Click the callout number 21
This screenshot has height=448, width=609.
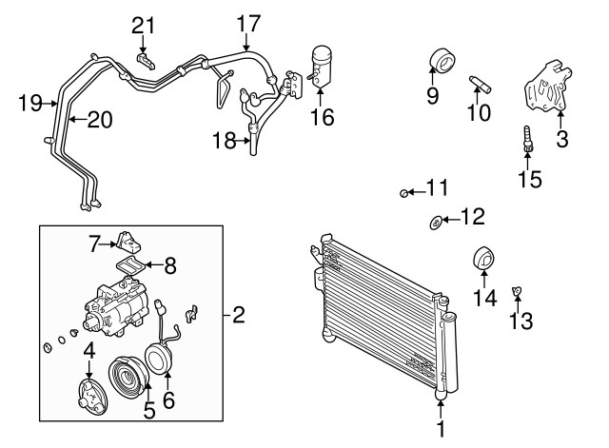(x=143, y=26)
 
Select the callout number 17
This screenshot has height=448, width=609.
(x=247, y=23)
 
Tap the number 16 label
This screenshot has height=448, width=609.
(x=322, y=117)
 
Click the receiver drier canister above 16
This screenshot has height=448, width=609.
(x=321, y=67)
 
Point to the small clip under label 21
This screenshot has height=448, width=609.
(x=146, y=61)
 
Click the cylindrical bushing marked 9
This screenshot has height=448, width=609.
(x=442, y=60)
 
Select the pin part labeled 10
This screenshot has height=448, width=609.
(x=480, y=84)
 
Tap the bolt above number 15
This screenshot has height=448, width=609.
(x=527, y=139)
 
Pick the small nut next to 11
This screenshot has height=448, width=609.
(x=403, y=192)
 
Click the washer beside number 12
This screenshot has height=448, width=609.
(x=436, y=223)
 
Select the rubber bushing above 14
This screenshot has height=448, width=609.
(x=484, y=258)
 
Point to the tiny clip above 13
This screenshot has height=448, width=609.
(x=517, y=291)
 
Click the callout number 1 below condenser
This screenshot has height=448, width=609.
(x=441, y=429)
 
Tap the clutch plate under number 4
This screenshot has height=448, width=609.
(x=89, y=398)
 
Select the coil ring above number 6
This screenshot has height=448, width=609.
(x=159, y=357)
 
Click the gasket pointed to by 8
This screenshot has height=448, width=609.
(x=131, y=266)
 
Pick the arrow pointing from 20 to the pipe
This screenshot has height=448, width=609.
(x=78, y=119)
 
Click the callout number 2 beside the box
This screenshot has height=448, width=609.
(x=239, y=315)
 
